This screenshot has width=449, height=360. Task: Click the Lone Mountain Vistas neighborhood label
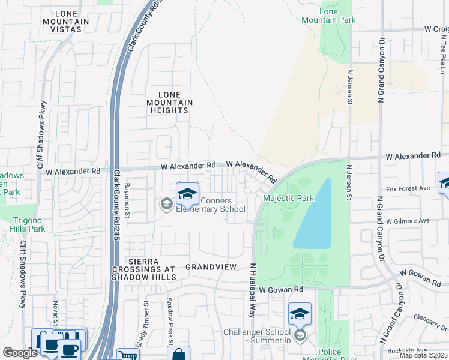click(71, 22)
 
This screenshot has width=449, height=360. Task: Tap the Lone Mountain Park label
click(337, 16)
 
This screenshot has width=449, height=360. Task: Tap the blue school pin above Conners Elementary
click(187, 193)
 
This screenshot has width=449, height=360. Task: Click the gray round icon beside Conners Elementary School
click(166, 205)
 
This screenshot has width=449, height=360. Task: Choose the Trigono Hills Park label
click(28, 224)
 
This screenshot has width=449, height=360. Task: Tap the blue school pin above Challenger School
click(300, 313)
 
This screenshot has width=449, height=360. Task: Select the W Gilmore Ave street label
click(408, 221)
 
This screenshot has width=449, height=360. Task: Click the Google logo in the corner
click(20, 353)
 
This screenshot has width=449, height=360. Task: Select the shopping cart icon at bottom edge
click(127, 355)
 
